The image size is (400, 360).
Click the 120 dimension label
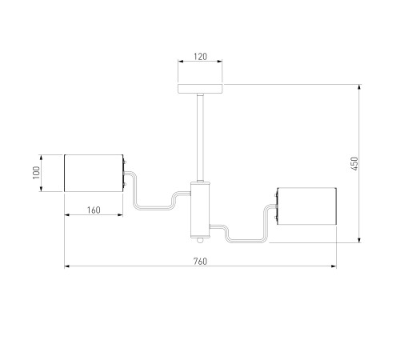click(200, 57)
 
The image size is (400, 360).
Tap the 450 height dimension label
click(354, 163)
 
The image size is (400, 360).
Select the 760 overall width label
click(200, 262)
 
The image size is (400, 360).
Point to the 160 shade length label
click(94, 210)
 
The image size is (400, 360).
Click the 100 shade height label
click(36, 173)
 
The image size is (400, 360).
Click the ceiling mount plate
click(200, 89)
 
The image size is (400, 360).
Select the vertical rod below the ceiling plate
click(200, 138)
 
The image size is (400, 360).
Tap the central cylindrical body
click(200, 210)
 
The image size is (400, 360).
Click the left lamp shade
click(94, 173)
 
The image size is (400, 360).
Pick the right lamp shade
click(306, 206)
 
